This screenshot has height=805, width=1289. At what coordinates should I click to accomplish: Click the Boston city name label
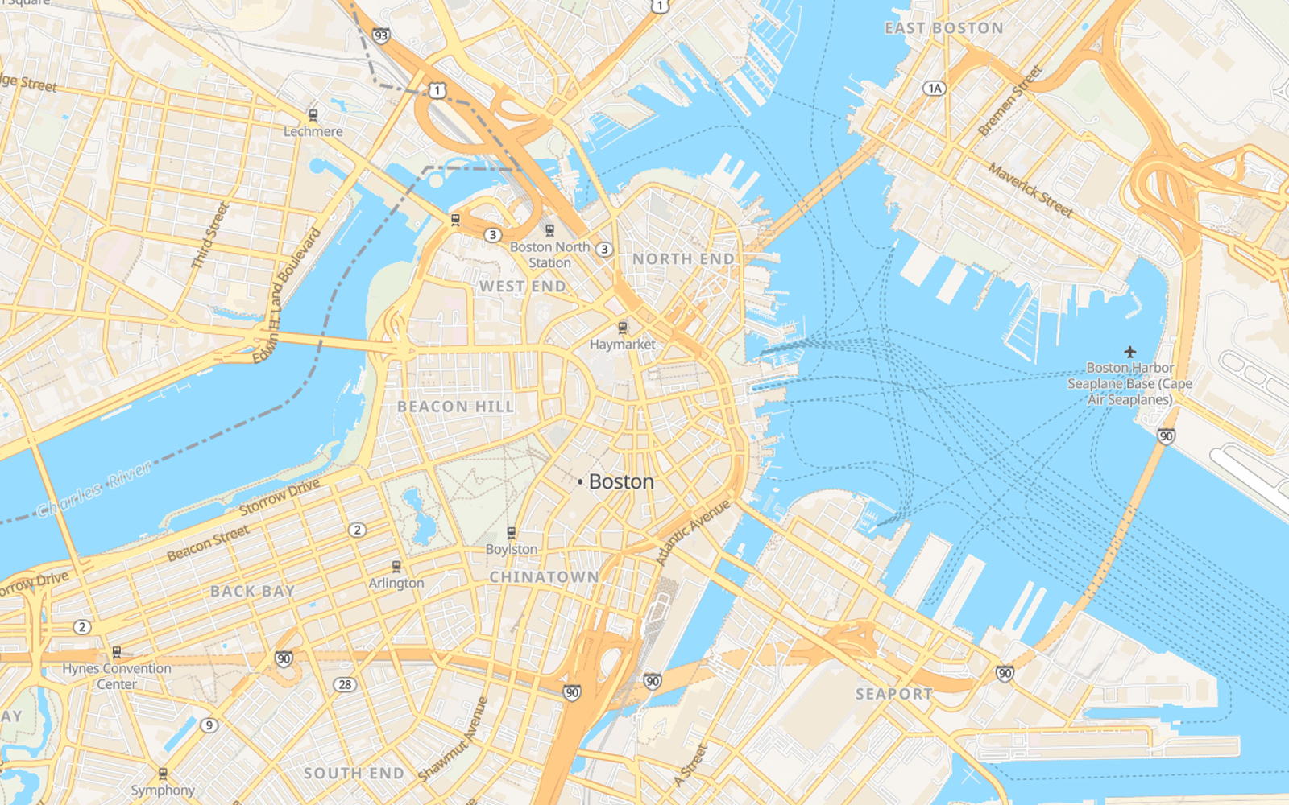tap(620, 481)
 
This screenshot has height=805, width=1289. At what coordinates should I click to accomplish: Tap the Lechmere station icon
tap(313, 115)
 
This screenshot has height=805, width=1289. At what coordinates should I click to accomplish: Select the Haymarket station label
tap(622, 345)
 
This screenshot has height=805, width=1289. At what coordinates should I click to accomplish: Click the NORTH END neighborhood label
tap(683, 259)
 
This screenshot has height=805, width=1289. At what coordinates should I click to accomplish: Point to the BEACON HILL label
tap(455, 407)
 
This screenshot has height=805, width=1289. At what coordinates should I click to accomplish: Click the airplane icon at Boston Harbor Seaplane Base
tap(1130, 352)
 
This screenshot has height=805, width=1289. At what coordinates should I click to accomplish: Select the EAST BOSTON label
tap(944, 28)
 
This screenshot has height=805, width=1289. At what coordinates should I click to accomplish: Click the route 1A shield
tap(934, 88)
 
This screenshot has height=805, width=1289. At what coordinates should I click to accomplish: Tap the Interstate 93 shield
tap(381, 35)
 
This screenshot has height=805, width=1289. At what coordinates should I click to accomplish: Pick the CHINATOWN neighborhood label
tap(545, 577)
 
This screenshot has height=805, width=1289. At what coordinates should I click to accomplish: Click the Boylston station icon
tap(512, 533)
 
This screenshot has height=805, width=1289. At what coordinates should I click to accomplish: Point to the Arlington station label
tap(396, 583)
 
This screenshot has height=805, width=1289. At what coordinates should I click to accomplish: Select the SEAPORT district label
tap(893, 694)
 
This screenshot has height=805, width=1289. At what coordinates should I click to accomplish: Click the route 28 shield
tap(345, 684)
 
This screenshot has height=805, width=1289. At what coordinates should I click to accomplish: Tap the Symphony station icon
tap(163, 774)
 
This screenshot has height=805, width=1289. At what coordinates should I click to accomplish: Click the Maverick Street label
tap(1030, 191)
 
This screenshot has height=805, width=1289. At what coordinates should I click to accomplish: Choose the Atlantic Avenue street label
tap(692, 532)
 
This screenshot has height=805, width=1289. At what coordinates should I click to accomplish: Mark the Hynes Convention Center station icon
tap(117, 652)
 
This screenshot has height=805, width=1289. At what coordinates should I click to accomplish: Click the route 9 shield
tap(209, 725)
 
